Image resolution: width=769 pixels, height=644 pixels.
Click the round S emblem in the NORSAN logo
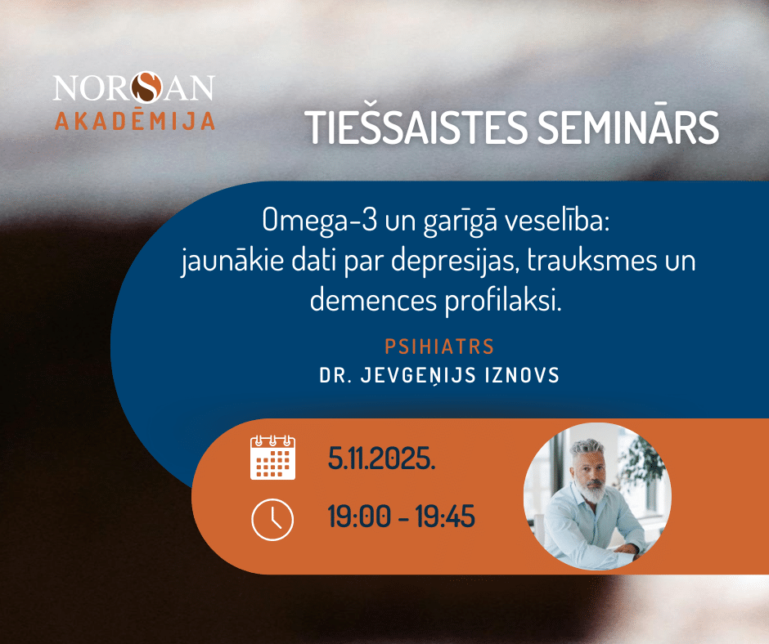click(x=146, y=87)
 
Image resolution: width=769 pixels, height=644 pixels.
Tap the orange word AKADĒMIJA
click(x=135, y=120)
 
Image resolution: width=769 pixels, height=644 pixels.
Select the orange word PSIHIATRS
click(x=439, y=347)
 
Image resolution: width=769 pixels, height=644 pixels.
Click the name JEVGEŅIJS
click(x=418, y=375)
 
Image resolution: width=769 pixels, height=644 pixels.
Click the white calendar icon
click(x=272, y=458)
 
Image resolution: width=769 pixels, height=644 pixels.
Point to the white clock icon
click(x=272, y=520)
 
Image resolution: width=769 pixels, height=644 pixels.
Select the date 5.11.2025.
click(x=381, y=458)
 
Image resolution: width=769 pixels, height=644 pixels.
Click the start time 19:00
click(x=359, y=517)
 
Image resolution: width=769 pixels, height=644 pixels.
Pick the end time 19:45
click(x=445, y=517)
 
